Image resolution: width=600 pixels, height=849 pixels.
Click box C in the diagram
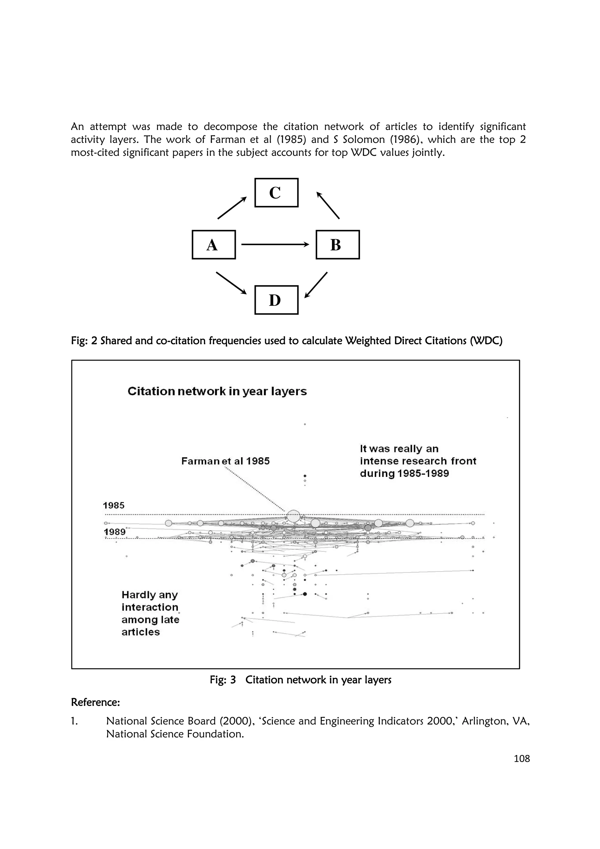[276, 193]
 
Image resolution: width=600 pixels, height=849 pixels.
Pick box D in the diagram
[276, 300]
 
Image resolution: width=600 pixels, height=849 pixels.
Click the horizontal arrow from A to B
[275, 244]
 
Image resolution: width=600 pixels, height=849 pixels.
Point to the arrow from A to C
[232, 208]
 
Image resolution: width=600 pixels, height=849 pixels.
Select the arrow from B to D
[316, 285]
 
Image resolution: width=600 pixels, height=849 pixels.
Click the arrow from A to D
[231, 283]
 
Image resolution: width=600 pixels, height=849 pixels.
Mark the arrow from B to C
[328, 205]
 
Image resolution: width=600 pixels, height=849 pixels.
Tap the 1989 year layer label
[115, 532]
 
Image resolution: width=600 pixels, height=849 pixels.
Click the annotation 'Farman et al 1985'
[226, 461]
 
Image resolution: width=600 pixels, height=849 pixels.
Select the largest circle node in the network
[294, 516]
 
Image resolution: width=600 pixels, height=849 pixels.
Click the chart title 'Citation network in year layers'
[217, 391]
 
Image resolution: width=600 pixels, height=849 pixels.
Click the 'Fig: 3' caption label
[223, 680]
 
